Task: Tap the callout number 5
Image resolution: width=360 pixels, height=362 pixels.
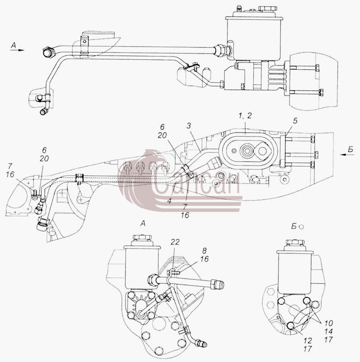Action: pos(295,121)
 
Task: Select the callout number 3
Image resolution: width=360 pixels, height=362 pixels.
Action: pos(189,126)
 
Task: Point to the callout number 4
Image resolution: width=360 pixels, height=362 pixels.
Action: pos(170,201)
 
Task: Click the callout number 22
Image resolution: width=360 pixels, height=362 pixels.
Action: pos(175,242)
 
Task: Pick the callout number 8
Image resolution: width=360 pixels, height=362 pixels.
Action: pos(204,251)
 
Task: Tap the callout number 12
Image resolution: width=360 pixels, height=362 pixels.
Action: pos(308,341)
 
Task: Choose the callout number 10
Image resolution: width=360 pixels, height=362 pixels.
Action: pos(328,323)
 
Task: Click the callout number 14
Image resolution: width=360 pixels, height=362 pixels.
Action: pos(328,332)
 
